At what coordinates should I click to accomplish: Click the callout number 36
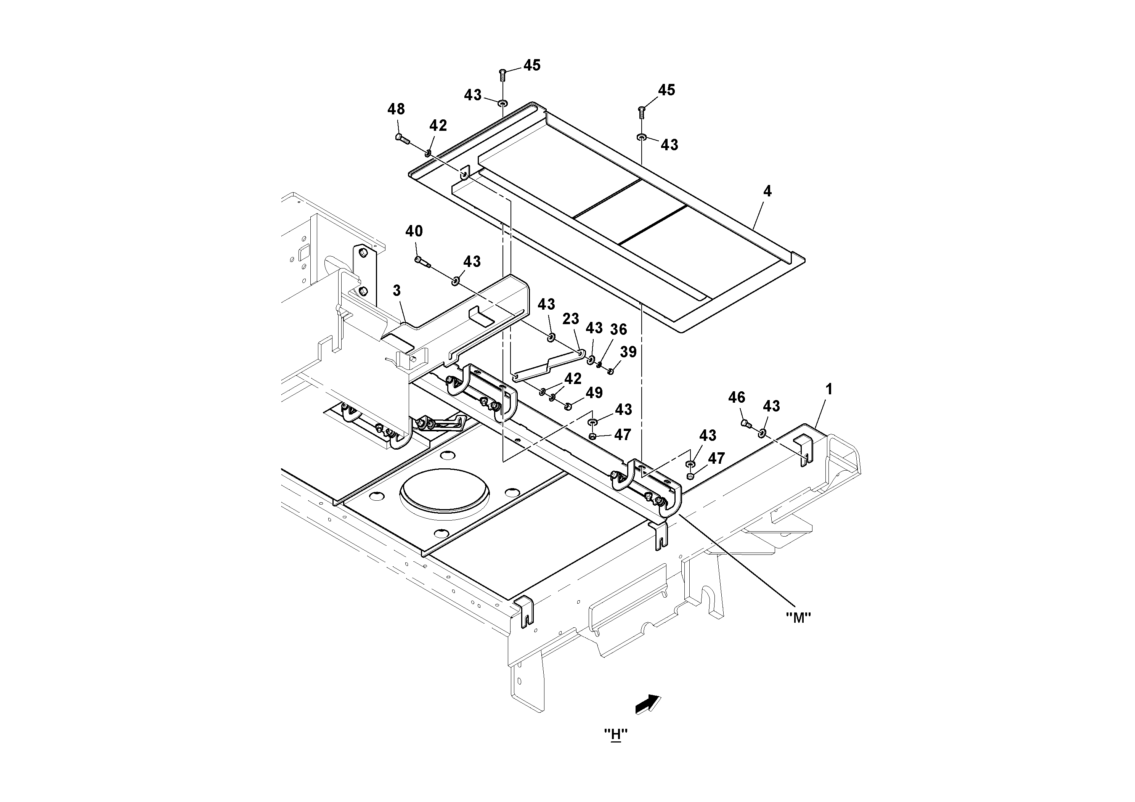pos(618,330)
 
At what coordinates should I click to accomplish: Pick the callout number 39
pos(628,352)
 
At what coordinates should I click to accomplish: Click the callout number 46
pos(737,397)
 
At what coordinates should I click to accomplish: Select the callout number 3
pos(397,291)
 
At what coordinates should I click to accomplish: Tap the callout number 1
pos(829,390)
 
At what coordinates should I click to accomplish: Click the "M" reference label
pos(798,617)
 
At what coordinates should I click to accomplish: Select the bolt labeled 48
pos(403,138)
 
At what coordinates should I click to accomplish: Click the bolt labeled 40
pos(422,261)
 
